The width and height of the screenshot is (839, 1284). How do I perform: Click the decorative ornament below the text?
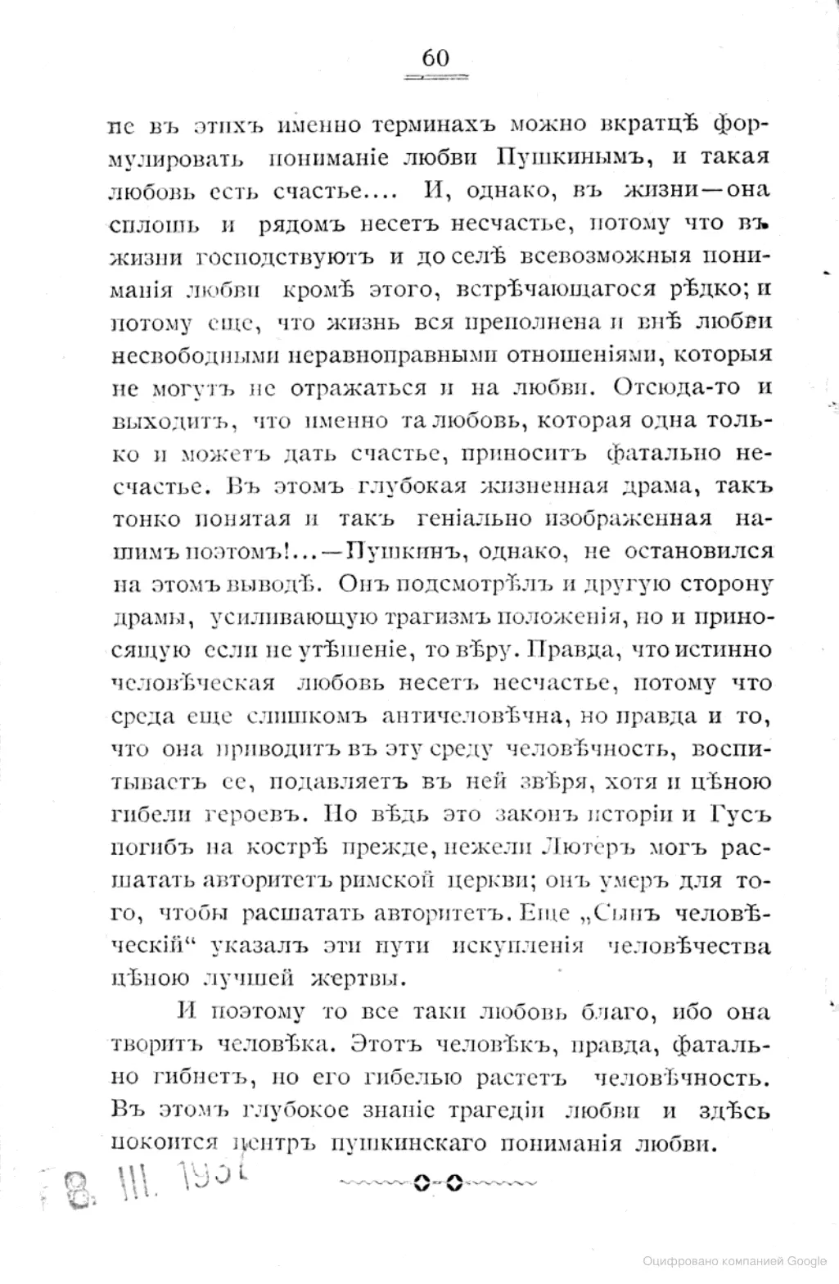(436, 1182)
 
